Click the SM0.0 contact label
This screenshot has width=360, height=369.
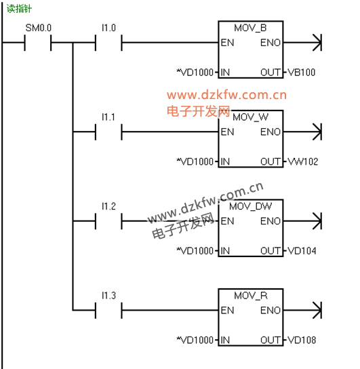point(39,28)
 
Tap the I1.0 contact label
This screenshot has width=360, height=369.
point(108,28)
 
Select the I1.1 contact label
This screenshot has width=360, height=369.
point(108,117)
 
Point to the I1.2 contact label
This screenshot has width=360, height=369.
point(108,206)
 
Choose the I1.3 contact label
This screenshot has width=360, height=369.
point(108,296)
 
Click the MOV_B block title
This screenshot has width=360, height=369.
point(250,28)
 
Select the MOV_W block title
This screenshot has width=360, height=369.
point(250,117)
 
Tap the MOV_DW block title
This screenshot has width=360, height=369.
point(250,207)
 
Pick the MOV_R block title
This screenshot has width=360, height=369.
point(251,296)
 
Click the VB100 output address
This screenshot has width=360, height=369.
point(302,73)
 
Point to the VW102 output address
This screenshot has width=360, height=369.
point(303,161)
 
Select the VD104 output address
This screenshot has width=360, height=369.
point(302,251)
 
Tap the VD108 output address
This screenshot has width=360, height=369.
point(302,340)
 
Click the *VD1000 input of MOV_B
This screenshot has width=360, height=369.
point(195,73)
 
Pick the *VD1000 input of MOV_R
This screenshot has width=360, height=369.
point(195,340)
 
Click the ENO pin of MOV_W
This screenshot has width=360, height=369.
point(271,132)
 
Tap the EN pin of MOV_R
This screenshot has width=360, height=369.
point(227,311)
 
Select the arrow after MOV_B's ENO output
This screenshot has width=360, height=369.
point(302,43)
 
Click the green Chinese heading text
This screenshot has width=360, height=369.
point(19,9)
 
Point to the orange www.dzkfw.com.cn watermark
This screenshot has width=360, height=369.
point(226,95)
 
